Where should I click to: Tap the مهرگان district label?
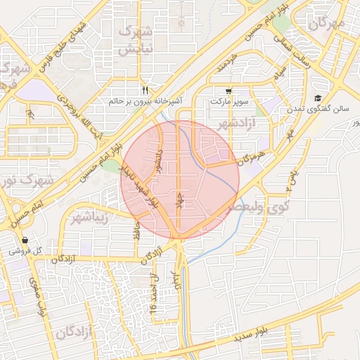pos(328,23)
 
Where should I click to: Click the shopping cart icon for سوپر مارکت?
pos(229,91)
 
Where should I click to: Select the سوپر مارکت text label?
pos(229,102)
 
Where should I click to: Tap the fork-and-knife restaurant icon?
pos(146,90)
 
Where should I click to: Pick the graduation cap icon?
pos(318,98)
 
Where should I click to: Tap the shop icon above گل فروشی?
pos(25,240)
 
